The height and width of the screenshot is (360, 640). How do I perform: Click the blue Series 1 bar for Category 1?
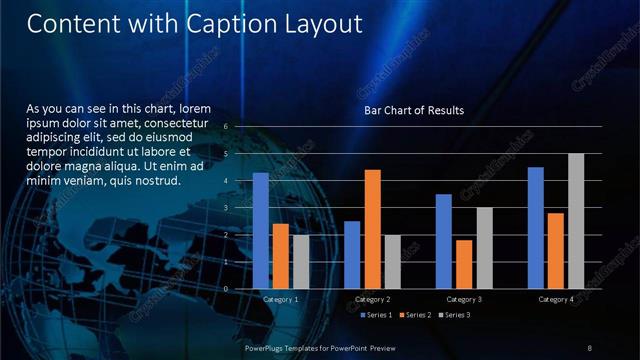[261, 231]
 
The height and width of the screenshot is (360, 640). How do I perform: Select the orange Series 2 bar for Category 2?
[372, 229]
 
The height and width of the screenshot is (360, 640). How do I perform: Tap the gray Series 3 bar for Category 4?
[576, 221]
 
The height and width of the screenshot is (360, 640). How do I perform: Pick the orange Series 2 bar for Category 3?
[464, 264]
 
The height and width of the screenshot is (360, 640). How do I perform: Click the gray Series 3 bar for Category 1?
[301, 262]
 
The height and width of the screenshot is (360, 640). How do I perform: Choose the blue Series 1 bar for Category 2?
[352, 255]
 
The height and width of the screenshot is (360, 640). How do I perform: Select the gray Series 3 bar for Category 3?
[484, 248]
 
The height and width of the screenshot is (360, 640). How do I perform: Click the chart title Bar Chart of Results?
[413, 109]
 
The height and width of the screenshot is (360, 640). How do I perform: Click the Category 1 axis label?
[281, 299]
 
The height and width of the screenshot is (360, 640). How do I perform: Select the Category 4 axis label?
[556, 299]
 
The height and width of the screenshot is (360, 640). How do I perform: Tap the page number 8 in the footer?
[590, 347]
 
